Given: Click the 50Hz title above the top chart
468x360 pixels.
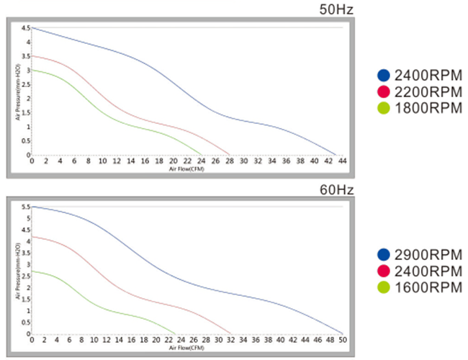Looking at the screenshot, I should [336, 9].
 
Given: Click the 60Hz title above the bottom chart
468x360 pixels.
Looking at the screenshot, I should [336, 189].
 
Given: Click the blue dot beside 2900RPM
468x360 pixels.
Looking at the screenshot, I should [384, 255].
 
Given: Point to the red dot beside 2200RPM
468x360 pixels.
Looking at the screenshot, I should [384, 91].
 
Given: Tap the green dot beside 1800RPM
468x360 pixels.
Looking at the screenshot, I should [384, 108].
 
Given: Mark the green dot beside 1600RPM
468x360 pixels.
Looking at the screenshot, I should [384, 288].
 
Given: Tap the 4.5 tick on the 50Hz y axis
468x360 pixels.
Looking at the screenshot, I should [24, 28].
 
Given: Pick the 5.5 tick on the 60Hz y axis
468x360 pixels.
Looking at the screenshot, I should [24, 207].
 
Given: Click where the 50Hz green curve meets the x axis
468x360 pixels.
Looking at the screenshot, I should [201, 155].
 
